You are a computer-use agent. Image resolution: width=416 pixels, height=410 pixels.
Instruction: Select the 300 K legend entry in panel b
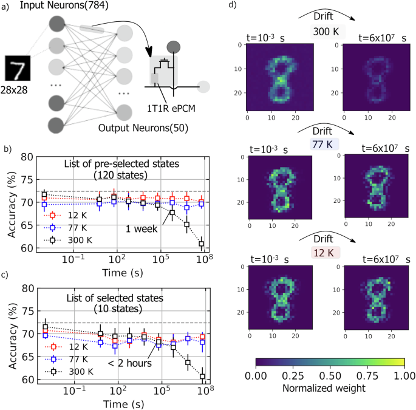tap(67, 241)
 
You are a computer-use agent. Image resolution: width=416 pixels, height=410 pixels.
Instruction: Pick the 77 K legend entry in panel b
tap(67, 228)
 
